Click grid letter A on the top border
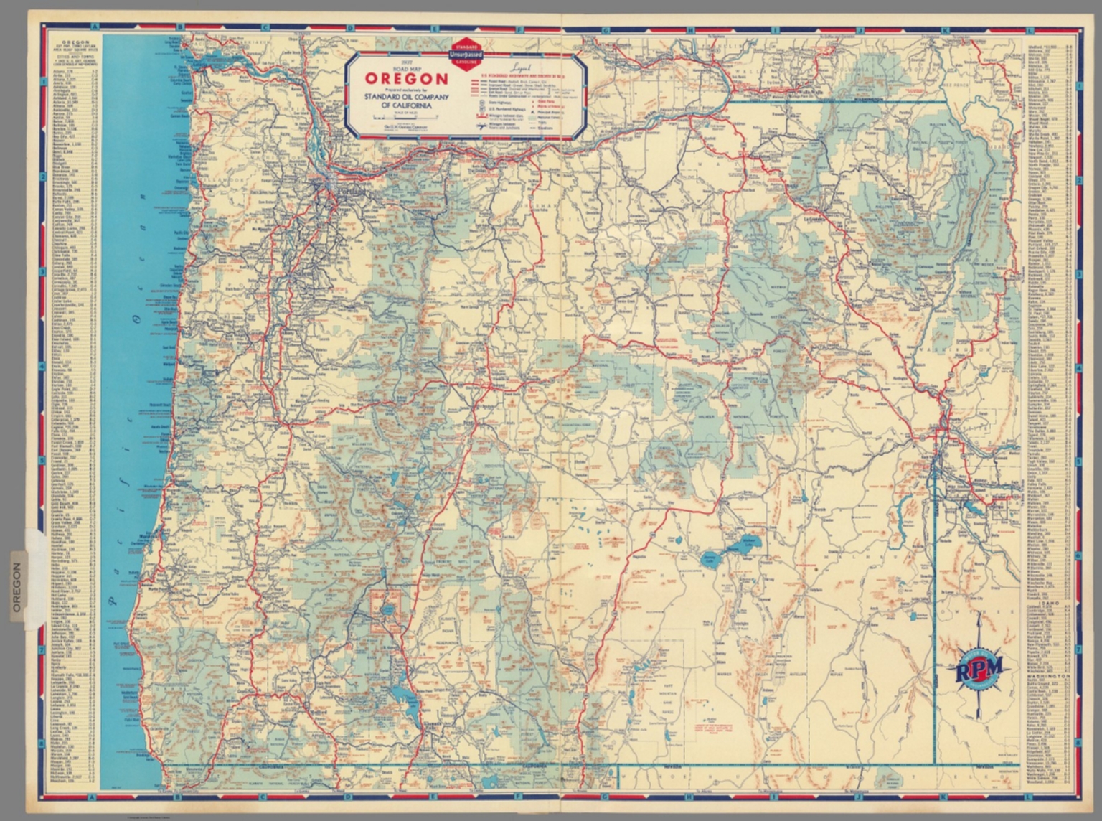coord(95,28)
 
